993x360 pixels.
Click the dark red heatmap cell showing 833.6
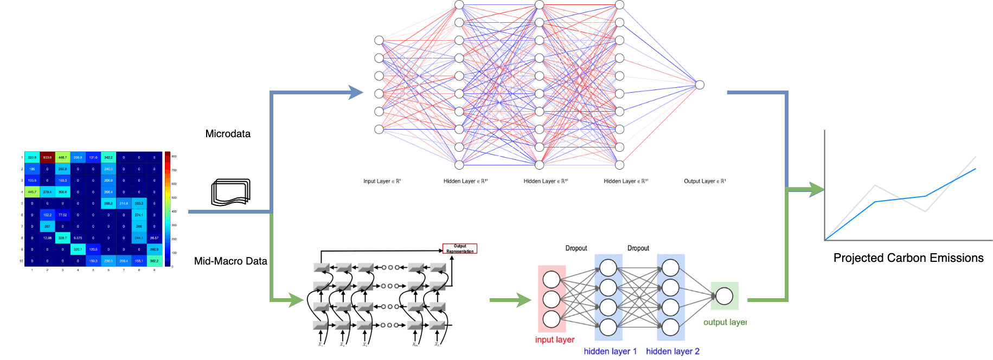pos(47,158)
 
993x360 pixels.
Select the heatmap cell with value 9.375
pos(78,238)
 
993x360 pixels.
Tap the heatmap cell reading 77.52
pos(62,215)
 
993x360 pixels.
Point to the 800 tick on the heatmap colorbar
pos(174,156)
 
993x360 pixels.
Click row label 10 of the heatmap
pos(22,261)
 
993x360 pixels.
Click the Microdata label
pos(228,134)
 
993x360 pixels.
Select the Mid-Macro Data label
pos(230,261)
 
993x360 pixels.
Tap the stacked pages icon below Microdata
pos(230,192)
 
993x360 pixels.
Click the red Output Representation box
pos(460,249)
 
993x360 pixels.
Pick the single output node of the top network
pos(700,85)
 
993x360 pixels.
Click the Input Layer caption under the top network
pos(382,181)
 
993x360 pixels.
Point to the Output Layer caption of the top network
pos(704,181)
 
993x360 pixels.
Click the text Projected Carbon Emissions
pos(908,258)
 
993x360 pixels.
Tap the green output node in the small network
pos(724,296)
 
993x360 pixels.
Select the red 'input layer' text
pos(554,340)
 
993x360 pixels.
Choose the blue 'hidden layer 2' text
pos(672,351)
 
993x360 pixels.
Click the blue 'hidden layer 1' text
pos(610,351)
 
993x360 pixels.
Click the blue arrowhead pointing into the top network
pos(356,93)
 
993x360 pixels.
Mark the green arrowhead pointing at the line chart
pos(816,189)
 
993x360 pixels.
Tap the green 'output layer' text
pos(725,322)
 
